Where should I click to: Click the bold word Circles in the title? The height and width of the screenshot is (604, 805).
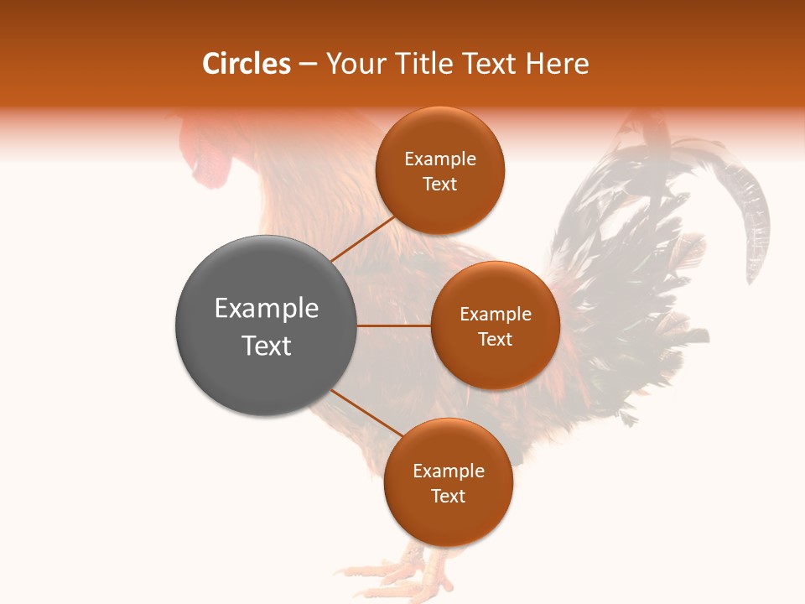click(x=247, y=64)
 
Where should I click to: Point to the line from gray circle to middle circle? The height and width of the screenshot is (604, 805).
click(x=393, y=325)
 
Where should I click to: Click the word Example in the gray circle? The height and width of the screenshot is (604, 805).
click(x=266, y=309)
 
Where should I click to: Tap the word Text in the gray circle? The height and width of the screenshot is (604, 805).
click(x=266, y=346)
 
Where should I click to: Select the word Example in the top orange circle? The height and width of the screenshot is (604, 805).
click(x=439, y=159)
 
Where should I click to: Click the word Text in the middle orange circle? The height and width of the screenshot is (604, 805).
click(x=495, y=339)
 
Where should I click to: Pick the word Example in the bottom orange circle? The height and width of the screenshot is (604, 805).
click(x=448, y=471)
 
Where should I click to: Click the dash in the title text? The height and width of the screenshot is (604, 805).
click(x=307, y=65)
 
